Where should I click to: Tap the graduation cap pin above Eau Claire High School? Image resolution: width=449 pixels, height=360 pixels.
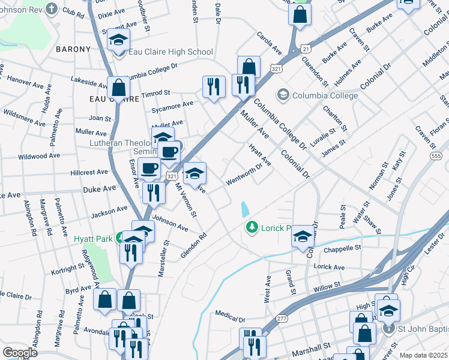click(x=119, y=40)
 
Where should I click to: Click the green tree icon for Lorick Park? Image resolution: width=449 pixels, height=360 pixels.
click(x=252, y=227)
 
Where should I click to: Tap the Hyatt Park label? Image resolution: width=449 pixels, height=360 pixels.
click(x=93, y=238)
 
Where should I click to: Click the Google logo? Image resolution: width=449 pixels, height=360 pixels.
click(x=20, y=352)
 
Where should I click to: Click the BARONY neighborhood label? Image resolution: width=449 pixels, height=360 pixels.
click(x=73, y=49)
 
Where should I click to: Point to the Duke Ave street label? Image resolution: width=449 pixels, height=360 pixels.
click(x=100, y=188)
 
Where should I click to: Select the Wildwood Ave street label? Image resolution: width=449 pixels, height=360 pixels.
click(x=40, y=156)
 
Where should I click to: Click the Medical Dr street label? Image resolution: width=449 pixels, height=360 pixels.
click(x=231, y=314)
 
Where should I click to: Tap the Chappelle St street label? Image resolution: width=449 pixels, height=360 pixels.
click(x=342, y=247)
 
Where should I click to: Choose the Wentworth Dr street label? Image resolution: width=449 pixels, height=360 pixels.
click(x=244, y=174)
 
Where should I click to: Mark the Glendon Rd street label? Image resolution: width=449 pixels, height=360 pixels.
click(x=193, y=246)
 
